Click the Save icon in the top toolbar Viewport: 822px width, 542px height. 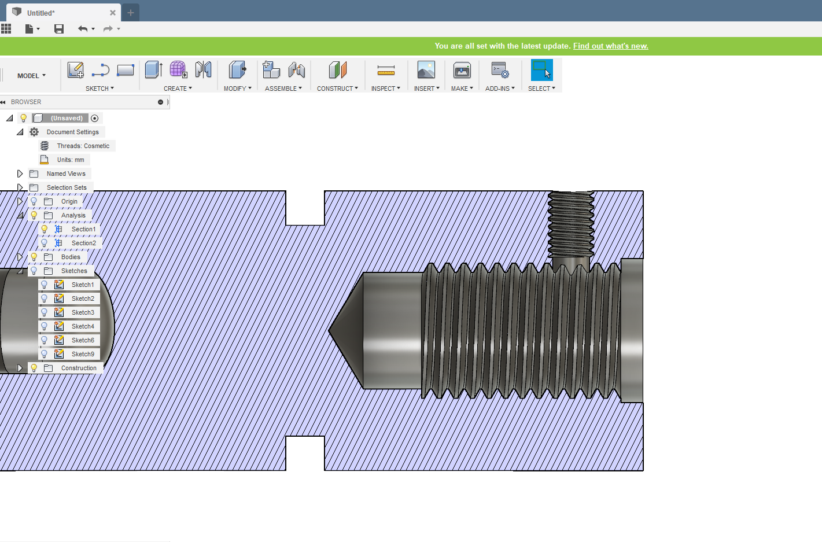click(x=59, y=29)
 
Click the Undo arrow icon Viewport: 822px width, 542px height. click(x=83, y=29)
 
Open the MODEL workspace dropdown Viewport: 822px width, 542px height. click(x=31, y=76)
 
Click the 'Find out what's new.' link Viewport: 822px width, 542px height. click(x=610, y=46)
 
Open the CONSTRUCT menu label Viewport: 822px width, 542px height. click(x=337, y=89)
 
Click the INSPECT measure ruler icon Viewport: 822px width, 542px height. click(x=386, y=71)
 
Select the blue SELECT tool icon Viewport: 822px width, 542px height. click(x=541, y=70)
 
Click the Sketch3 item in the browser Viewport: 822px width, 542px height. click(x=83, y=312)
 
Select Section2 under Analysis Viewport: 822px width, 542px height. click(x=83, y=243)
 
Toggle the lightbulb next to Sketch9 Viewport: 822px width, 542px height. click(x=44, y=354)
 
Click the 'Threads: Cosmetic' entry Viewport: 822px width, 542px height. click(x=83, y=146)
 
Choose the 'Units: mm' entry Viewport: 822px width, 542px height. click(x=70, y=160)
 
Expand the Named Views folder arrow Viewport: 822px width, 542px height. click(x=20, y=174)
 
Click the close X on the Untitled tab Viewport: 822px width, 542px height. click(x=113, y=13)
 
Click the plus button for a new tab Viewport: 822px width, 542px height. click(x=131, y=13)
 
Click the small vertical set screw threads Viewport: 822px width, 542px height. click(x=571, y=226)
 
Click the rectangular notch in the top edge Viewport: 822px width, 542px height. click(x=305, y=208)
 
